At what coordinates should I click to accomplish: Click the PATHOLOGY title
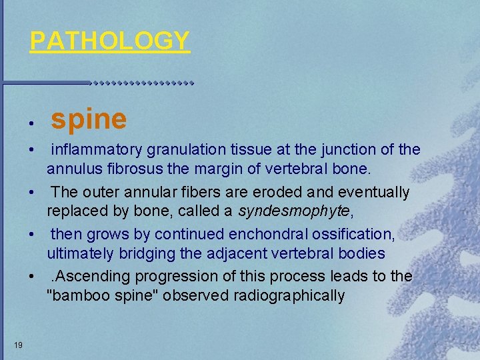[x=110, y=41]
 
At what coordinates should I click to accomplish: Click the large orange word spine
[x=89, y=119]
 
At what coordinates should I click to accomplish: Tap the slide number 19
[x=19, y=345]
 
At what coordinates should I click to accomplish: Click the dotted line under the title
[x=141, y=83]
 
